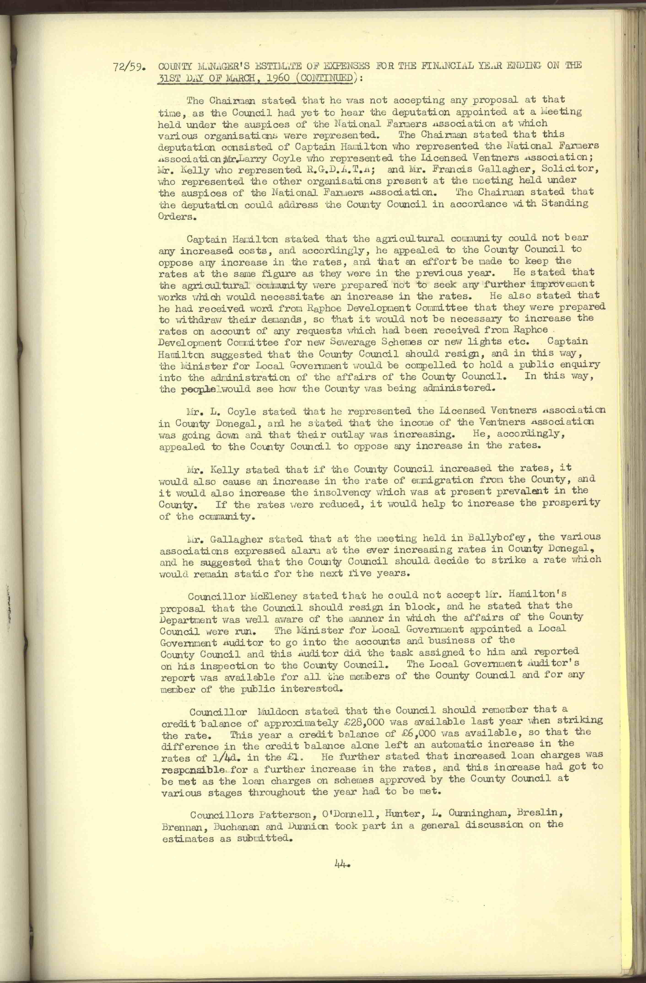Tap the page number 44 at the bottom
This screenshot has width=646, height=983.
(343, 863)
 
